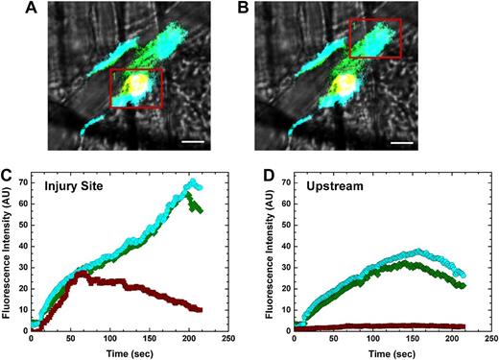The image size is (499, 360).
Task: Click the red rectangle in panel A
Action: click(135, 88)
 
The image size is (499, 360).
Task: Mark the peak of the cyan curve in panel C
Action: click(191, 180)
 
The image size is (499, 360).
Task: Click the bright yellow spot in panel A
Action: click(137, 85)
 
